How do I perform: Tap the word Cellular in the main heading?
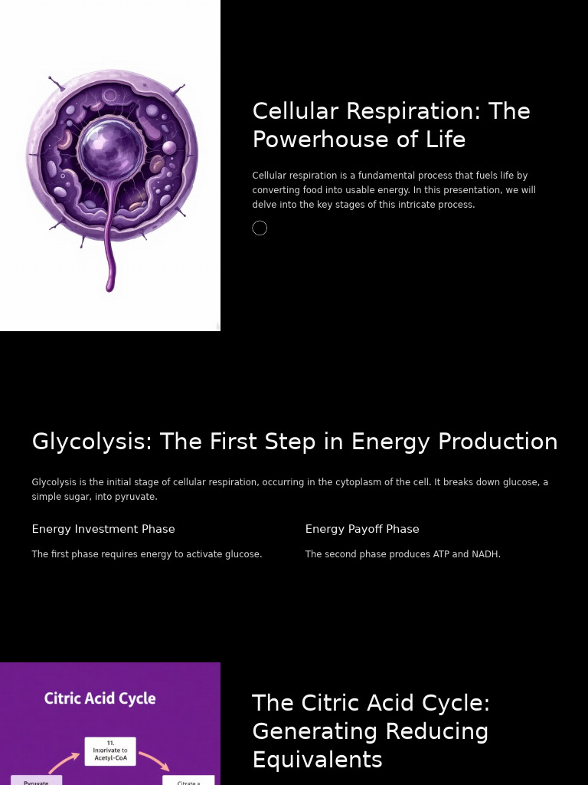pos(296,111)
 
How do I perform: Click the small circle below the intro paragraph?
pos(260,228)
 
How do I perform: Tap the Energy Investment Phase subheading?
pos(103,529)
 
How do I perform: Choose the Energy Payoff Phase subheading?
pos(362,529)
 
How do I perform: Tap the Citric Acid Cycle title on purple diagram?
pos(100,698)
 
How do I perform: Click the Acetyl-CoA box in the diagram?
pos(110,751)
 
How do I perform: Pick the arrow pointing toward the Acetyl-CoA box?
pos(64,762)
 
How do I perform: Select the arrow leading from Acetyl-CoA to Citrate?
pos(154,760)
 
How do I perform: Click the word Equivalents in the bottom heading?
pos(317,760)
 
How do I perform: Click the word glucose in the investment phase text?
pos(242,554)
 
